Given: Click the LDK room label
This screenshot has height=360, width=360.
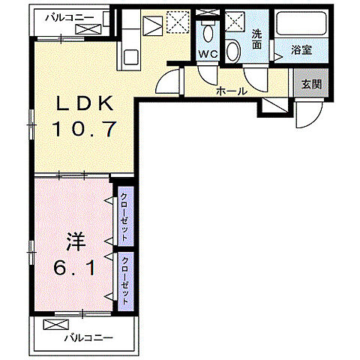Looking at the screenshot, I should (x=83, y=102).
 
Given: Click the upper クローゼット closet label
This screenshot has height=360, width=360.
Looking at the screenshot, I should (x=124, y=216).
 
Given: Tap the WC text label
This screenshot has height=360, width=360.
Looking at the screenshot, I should (x=207, y=53).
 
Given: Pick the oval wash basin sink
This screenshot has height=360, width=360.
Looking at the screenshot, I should (x=234, y=52).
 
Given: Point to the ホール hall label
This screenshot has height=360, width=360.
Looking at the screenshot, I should (x=230, y=91).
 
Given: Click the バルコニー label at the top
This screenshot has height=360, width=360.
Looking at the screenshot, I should (x=68, y=15).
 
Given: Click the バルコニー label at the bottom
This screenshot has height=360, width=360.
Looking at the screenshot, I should (x=88, y=338).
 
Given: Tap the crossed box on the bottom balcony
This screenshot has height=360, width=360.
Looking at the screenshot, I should (x=55, y=325).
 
